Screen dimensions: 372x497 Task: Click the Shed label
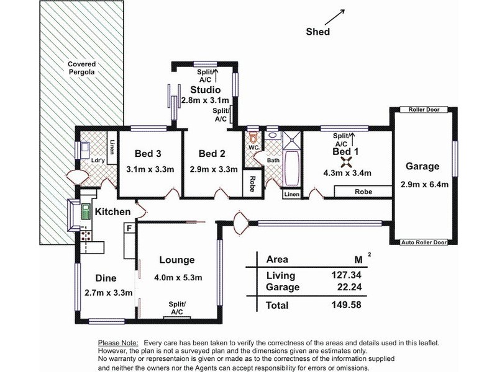319,32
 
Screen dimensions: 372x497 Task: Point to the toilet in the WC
252,135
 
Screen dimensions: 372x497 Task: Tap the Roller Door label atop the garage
424,110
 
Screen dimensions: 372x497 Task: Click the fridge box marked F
129,229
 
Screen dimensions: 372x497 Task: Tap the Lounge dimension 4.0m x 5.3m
177,277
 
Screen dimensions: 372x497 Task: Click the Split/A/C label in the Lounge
177,307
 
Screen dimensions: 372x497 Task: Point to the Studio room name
205,90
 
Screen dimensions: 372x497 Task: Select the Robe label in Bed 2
252,184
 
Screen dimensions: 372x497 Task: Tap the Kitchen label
112,212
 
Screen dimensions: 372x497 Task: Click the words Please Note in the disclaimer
119,343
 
